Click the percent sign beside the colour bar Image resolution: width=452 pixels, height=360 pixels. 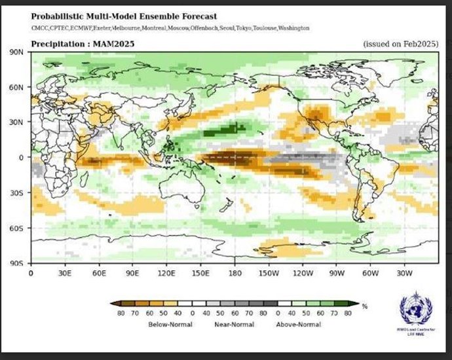point(364,306)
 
